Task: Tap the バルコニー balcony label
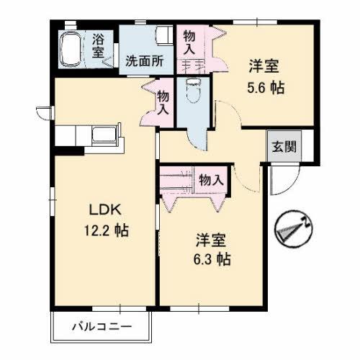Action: (102, 328)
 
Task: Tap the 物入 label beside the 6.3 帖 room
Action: (210, 180)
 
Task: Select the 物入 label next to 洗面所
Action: (189, 42)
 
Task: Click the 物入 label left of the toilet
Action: (163, 102)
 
